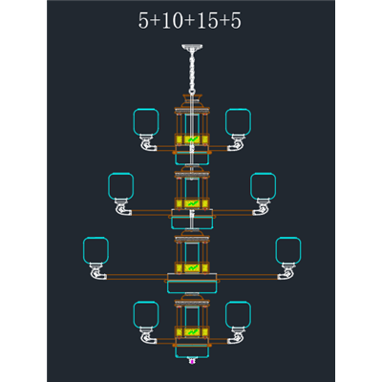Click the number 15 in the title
207,21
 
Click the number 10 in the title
172,21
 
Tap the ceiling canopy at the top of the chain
192,48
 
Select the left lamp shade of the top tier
146,122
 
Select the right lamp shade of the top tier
238,122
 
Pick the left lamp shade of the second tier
120,186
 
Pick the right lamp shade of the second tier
264,186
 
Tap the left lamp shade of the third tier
95,250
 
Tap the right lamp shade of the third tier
288,250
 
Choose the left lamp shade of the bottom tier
146,314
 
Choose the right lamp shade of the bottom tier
238,314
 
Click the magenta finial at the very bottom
192,361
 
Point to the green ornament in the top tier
192,139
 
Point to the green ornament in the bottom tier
192,332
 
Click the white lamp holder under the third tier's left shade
96,271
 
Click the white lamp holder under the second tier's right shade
262,207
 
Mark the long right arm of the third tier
247,277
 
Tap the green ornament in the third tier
192,267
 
